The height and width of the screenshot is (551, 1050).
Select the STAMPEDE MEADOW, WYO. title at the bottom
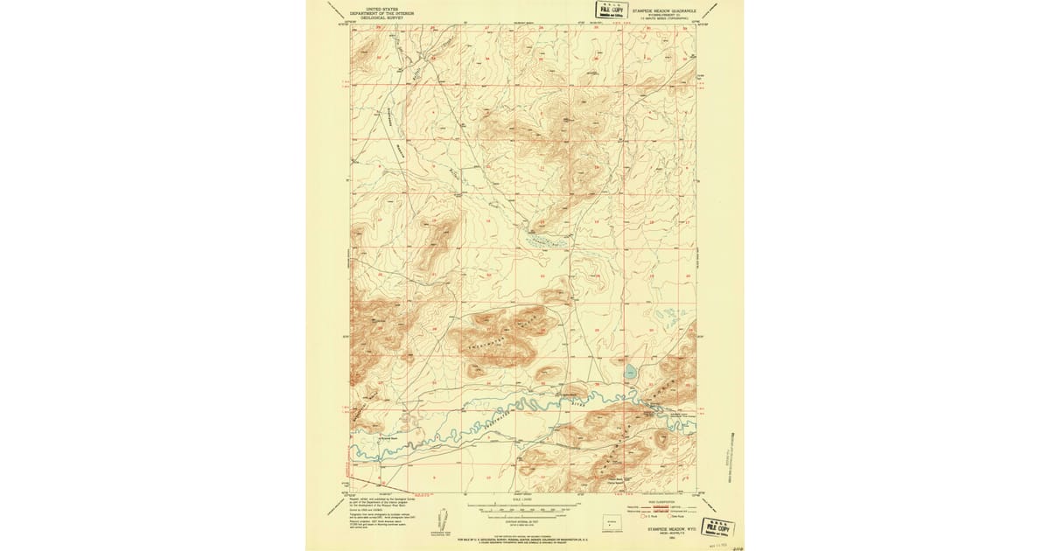[x=669, y=528]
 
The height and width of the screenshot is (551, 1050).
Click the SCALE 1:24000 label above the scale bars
[x=524, y=501]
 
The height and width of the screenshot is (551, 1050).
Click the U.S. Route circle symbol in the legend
[x=646, y=518]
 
